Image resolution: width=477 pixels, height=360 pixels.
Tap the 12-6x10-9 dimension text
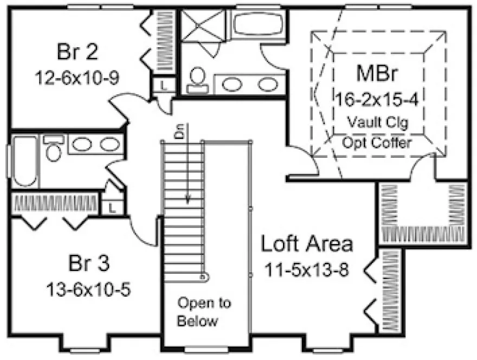point(77,78)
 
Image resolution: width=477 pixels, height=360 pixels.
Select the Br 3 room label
point(89,264)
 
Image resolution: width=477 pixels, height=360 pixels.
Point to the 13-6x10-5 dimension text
point(90,288)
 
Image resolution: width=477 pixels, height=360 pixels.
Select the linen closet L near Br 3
point(112,206)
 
